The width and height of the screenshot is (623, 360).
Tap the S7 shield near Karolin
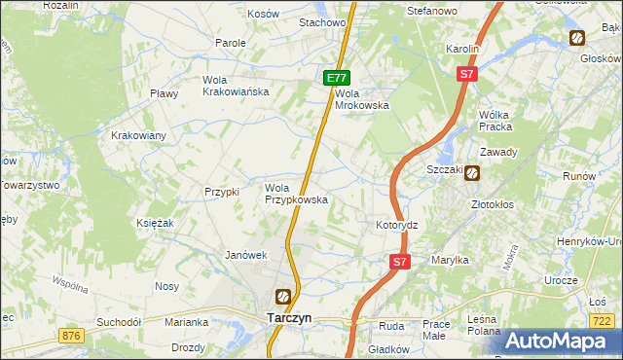click(x=467, y=74)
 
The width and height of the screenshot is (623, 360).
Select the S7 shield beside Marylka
click(x=400, y=262)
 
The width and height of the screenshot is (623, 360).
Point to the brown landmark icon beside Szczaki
click(x=472, y=173)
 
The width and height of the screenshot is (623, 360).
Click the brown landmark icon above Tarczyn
click(x=282, y=297)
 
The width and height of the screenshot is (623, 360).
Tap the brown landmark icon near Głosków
click(x=577, y=38)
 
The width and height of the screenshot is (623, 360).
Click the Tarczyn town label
click(x=288, y=317)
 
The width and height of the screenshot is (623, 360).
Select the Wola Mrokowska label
click(x=362, y=99)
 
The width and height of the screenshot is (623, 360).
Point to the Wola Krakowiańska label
click(x=235, y=86)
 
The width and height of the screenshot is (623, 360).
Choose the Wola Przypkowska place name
click(x=296, y=194)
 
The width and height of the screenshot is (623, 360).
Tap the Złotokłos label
click(x=492, y=205)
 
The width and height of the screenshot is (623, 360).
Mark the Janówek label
click(x=245, y=255)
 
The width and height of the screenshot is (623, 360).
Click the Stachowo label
click(x=323, y=21)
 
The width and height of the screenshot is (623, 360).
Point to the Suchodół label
click(x=119, y=321)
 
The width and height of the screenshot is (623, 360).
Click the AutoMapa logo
click(x=557, y=341)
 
